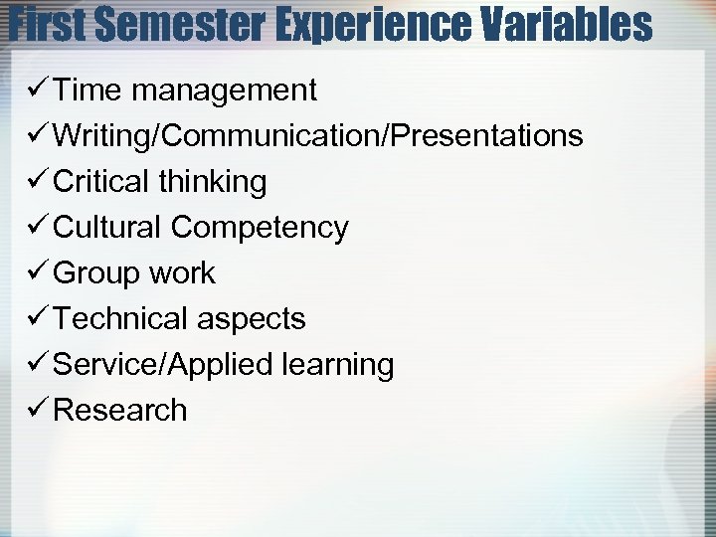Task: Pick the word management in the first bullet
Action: (x=225, y=90)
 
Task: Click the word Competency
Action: (x=260, y=228)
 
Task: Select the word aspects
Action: (x=251, y=319)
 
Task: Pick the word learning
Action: (x=338, y=365)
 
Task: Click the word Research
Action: (x=119, y=411)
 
